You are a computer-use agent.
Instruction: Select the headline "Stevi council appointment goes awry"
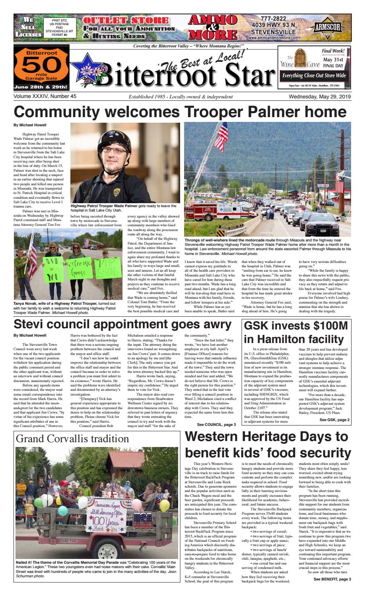click(x=122, y=324)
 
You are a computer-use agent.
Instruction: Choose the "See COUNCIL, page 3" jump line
click(x=216, y=425)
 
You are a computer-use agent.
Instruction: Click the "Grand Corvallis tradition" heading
click(x=72, y=439)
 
